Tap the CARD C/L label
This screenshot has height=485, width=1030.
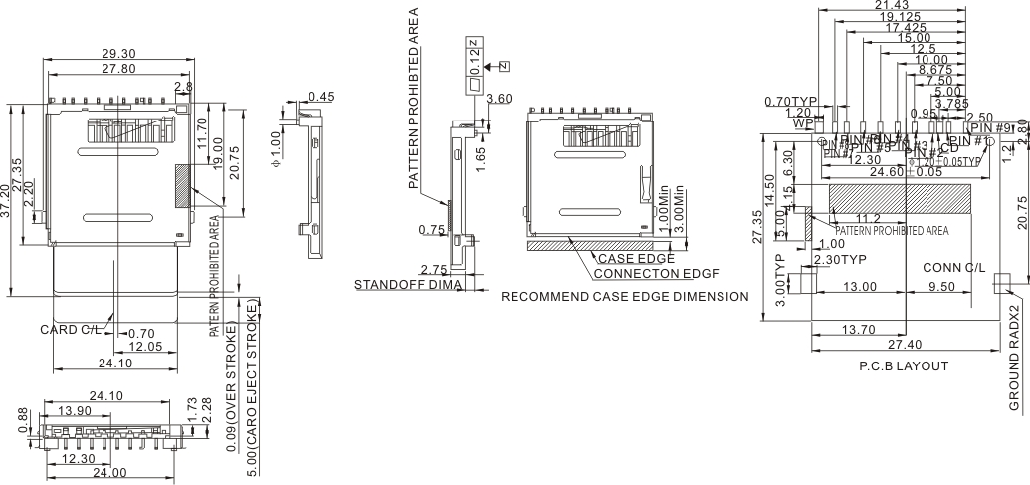point(70,329)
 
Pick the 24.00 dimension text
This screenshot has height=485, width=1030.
point(109,472)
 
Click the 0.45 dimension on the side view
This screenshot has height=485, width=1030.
point(321,97)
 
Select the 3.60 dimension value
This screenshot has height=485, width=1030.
point(499,99)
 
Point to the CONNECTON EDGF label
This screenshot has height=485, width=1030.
point(656,273)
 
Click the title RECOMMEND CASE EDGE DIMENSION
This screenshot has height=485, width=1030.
point(624,297)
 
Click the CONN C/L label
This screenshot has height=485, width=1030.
point(954,268)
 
